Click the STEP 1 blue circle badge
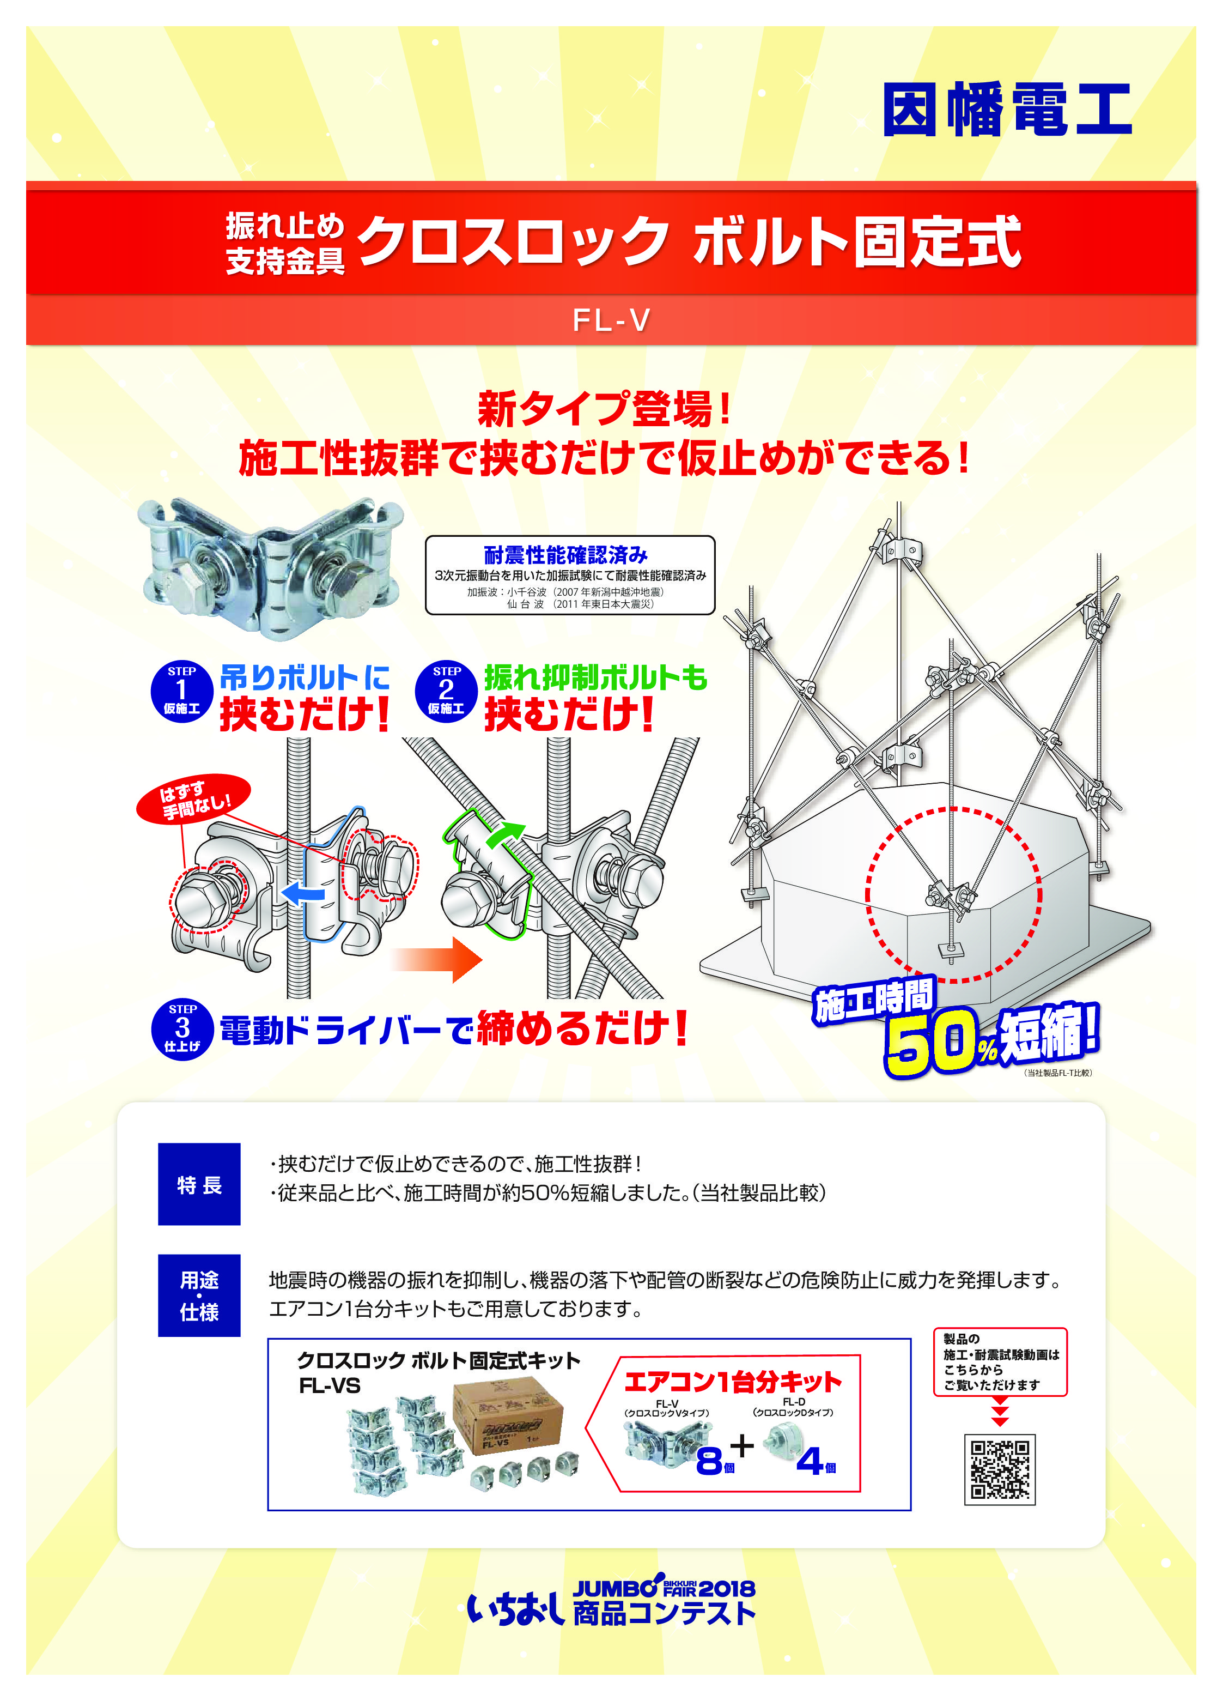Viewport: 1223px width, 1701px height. click(181, 692)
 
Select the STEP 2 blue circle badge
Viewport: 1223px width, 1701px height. click(446, 692)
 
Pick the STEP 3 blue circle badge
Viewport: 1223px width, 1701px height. click(182, 1029)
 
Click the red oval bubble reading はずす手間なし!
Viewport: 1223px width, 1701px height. click(193, 799)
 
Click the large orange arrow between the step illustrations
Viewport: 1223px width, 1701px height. click(438, 959)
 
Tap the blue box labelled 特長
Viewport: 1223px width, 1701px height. click(199, 1185)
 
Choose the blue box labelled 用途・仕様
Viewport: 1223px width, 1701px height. click(199, 1296)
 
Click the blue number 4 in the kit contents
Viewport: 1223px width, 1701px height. click(810, 1460)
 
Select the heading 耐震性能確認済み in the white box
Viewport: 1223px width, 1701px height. click(565, 555)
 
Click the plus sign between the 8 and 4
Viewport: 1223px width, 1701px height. click(743, 1444)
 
